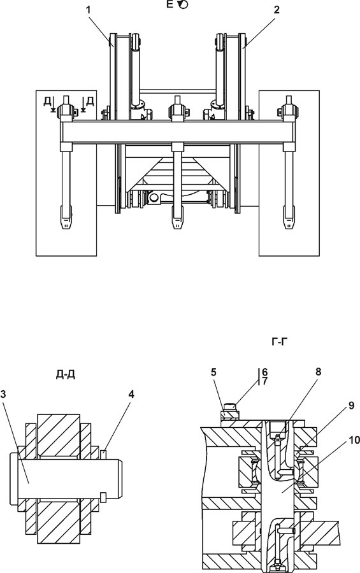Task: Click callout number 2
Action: [277, 10]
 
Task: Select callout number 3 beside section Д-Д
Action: [3, 394]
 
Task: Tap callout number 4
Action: [131, 394]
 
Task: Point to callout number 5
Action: [213, 372]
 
